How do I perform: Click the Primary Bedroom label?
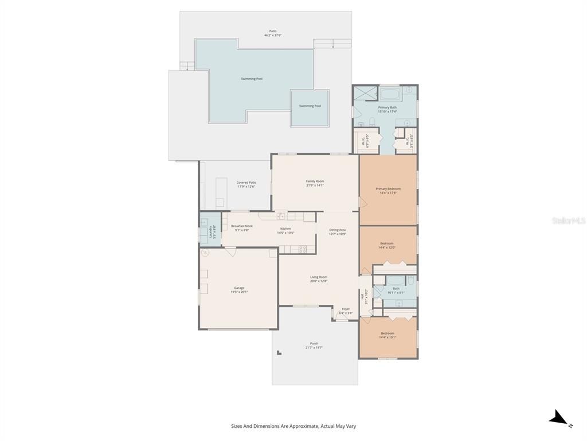click(388, 189)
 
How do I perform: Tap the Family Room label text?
click(315, 181)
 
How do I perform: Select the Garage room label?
click(239, 288)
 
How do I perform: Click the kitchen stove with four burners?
click(303, 249)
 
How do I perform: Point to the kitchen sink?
click(280, 216)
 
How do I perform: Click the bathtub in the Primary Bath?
click(389, 93)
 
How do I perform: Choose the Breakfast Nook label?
click(242, 226)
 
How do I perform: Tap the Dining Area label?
click(338, 230)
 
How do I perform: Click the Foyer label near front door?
click(346, 309)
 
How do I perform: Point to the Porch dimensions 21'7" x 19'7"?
click(314, 347)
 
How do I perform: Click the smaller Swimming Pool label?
click(310, 106)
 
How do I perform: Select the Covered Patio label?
click(246, 183)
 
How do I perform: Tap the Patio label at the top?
click(273, 31)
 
